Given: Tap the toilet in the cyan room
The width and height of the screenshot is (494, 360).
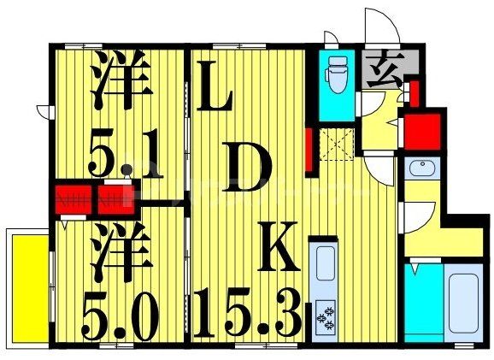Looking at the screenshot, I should pyautogui.click(x=336, y=75).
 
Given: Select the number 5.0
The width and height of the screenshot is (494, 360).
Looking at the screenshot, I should pyautogui.click(x=120, y=316).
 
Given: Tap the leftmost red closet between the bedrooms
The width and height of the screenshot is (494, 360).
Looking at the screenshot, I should pyautogui.click(x=74, y=198).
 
